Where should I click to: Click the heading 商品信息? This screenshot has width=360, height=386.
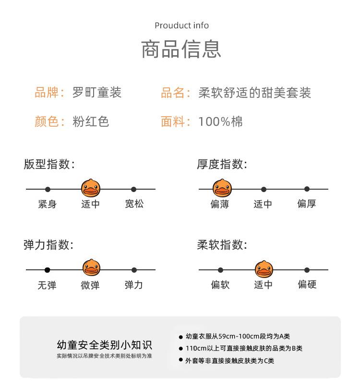181,49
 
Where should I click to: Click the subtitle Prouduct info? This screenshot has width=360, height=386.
181,25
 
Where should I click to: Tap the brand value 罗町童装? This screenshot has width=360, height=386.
97,92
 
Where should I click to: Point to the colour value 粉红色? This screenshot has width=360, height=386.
91,121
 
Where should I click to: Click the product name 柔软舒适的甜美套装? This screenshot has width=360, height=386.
255,92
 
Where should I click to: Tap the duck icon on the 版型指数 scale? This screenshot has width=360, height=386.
91,188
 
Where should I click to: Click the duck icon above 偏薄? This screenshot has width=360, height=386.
222,188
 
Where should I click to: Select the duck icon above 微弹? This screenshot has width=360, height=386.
91,268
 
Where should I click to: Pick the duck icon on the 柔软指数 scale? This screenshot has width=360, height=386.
264,269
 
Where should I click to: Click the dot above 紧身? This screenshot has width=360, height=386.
48,190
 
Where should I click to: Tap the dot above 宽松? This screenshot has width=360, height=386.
134,190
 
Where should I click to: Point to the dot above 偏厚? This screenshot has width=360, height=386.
307,189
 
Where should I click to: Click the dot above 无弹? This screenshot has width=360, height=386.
48,270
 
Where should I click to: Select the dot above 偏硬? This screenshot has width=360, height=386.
307,270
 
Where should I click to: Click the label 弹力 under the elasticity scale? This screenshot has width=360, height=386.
134,285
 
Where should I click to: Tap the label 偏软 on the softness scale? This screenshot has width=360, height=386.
220,285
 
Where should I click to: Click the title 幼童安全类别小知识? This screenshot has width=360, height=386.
104,345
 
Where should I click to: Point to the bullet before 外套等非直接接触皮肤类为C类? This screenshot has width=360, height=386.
181,360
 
